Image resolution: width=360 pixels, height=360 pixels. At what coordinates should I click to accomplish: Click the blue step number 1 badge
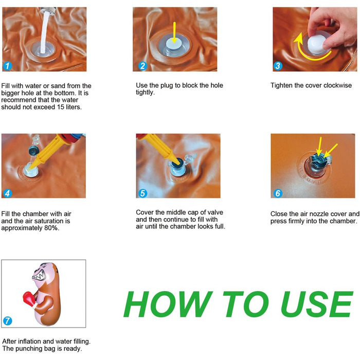(7, 66)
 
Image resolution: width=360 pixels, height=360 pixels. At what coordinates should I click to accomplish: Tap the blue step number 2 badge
(142, 66)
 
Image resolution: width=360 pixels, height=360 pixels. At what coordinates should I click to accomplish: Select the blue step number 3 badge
(278, 66)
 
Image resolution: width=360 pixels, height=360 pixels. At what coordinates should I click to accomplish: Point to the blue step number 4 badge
(7, 193)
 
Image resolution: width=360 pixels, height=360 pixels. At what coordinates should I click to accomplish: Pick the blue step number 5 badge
(142, 193)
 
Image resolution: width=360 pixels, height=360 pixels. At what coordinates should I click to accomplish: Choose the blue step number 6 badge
(278, 193)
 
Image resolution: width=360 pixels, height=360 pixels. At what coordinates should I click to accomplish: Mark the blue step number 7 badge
(7, 321)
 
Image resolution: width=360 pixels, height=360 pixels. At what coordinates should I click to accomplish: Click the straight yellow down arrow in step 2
(174, 32)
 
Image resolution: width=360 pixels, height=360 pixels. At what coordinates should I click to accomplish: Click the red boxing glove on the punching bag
(28, 298)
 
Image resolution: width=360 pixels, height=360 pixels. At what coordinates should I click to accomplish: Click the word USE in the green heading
(317, 304)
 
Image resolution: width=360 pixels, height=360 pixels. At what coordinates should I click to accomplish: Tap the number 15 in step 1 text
(61, 107)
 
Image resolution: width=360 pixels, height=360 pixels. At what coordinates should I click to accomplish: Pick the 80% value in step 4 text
(51, 228)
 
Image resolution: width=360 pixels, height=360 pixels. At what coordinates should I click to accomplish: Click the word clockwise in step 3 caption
(337, 85)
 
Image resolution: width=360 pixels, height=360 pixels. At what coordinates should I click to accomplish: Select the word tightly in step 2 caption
(145, 93)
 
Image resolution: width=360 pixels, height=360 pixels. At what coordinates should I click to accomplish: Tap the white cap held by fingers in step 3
(316, 44)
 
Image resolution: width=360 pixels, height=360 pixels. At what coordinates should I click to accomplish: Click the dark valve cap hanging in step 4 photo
(34, 150)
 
